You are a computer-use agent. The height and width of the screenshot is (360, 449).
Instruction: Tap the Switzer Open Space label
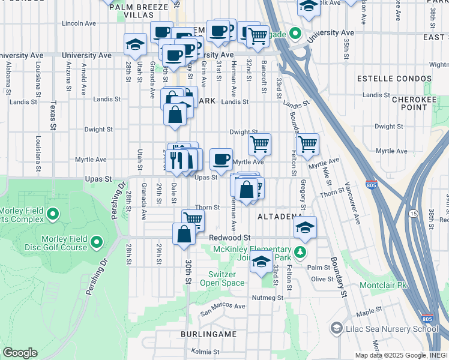(x=222, y=278)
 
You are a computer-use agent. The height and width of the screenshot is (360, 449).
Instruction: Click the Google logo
(x=20, y=353)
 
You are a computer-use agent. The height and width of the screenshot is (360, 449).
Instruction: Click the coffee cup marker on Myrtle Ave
(x=221, y=158)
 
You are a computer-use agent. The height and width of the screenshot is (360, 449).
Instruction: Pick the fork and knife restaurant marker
(x=176, y=160)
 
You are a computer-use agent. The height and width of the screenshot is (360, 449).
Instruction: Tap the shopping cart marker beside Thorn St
(x=193, y=219)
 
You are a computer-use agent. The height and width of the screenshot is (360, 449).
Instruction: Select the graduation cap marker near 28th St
(x=136, y=44)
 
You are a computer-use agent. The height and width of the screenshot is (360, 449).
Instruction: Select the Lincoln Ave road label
(x=79, y=24)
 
